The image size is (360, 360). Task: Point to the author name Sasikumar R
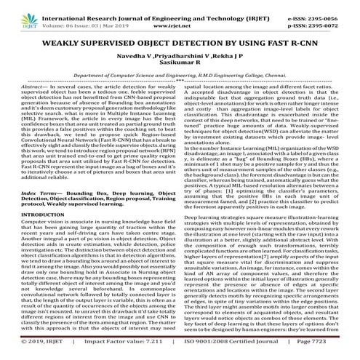180,67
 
